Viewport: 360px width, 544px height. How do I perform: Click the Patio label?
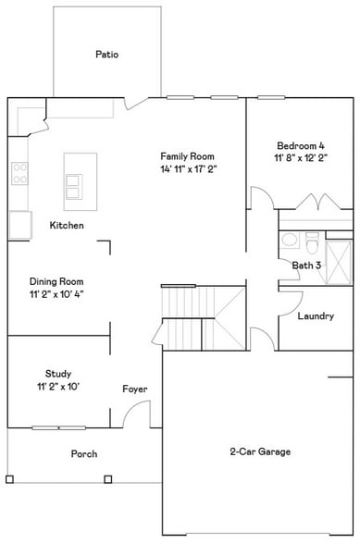[106, 55]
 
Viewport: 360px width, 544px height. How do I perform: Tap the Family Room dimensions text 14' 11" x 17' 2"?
[188, 169]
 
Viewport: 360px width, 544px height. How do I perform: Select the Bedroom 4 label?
[301, 145]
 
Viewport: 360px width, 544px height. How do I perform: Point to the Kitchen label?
[67, 225]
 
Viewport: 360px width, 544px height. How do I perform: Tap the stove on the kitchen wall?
[19, 172]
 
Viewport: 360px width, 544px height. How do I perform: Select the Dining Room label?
[56, 281]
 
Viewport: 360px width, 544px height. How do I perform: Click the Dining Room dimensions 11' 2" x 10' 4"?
[57, 294]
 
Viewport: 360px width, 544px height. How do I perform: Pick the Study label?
[57, 374]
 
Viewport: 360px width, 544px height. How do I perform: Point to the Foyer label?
[135, 389]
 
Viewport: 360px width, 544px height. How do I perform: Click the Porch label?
[84, 454]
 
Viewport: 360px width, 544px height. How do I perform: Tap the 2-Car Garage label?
[260, 451]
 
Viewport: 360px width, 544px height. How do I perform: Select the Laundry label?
[316, 316]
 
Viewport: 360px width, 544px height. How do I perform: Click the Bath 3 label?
[306, 266]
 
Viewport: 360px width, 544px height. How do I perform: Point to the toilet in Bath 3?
[312, 243]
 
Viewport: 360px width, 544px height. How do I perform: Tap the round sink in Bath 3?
[290, 241]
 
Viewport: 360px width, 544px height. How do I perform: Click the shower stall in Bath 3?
[339, 256]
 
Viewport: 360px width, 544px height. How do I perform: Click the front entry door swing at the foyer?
[136, 415]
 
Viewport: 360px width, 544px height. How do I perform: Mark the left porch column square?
[9, 479]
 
